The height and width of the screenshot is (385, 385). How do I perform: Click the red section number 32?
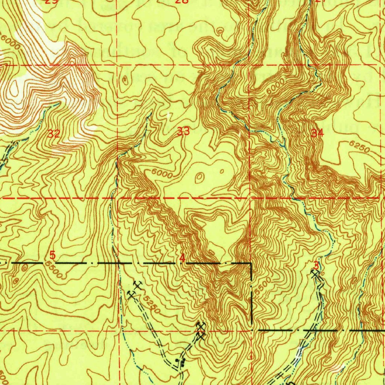pyautogui.click(x=54, y=133)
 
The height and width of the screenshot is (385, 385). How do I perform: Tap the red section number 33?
pyautogui.click(x=183, y=131)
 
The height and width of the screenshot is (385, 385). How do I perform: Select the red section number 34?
pyautogui.click(x=317, y=133)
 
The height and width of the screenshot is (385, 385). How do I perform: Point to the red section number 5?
pyautogui.click(x=53, y=255)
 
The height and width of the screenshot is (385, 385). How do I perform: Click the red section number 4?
pyautogui.click(x=182, y=258)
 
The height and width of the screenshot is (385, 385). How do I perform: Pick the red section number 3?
pyautogui.click(x=316, y=265)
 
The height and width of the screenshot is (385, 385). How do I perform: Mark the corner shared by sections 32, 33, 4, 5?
pyautogui.click(x=117, y=197)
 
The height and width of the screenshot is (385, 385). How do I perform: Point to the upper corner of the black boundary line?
pyautogui.click(x=251, y=264)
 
